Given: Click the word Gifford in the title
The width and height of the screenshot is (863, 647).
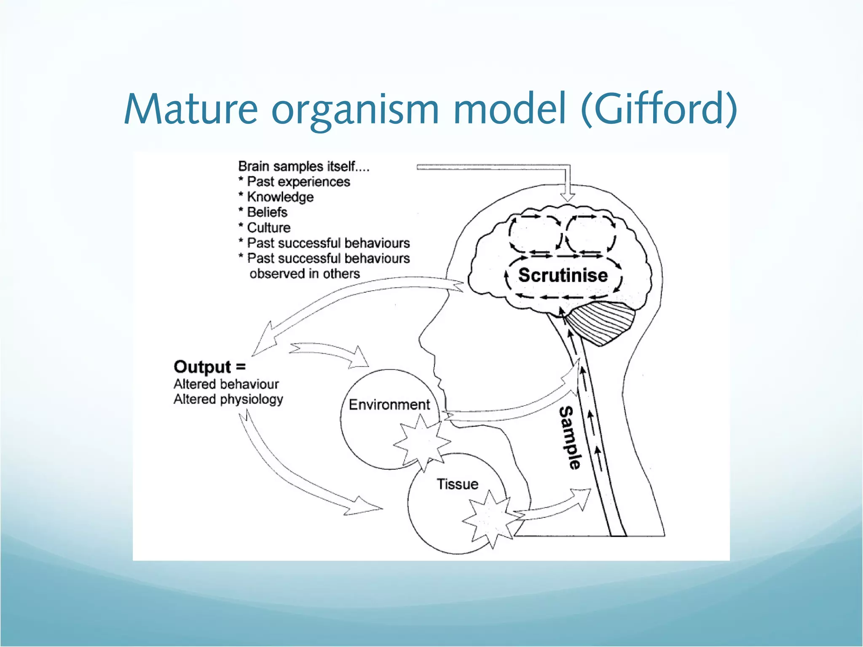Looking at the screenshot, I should pos(658,109).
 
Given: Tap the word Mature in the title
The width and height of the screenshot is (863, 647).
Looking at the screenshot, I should pos(190,109).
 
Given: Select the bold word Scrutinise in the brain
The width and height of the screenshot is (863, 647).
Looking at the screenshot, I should pos(563,275).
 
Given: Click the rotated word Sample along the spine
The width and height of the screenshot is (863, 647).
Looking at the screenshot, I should pos(569,438).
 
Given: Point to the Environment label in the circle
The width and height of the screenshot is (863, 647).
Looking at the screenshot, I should pos(389,404).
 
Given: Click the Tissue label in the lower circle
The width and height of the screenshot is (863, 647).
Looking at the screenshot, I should pos(457,484).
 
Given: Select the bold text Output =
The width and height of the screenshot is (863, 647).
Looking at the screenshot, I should pos(209,367).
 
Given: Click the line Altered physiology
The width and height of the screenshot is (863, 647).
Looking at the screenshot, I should pos(228,399).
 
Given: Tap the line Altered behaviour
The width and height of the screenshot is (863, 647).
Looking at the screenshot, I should pos(226,384).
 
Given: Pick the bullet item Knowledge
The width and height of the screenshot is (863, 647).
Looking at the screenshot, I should pos(280,197).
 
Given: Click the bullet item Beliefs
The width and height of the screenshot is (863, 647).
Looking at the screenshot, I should pos(267,212).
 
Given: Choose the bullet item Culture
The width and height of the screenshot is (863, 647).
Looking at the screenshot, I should pos(268,228).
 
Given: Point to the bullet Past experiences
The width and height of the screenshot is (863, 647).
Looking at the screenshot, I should pos(298,182).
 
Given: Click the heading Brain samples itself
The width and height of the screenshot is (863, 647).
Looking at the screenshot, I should pos(303,166).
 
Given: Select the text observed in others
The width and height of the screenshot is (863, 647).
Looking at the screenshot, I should pos(304,274).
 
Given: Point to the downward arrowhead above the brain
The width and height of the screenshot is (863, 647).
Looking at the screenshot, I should pos(568,197).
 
